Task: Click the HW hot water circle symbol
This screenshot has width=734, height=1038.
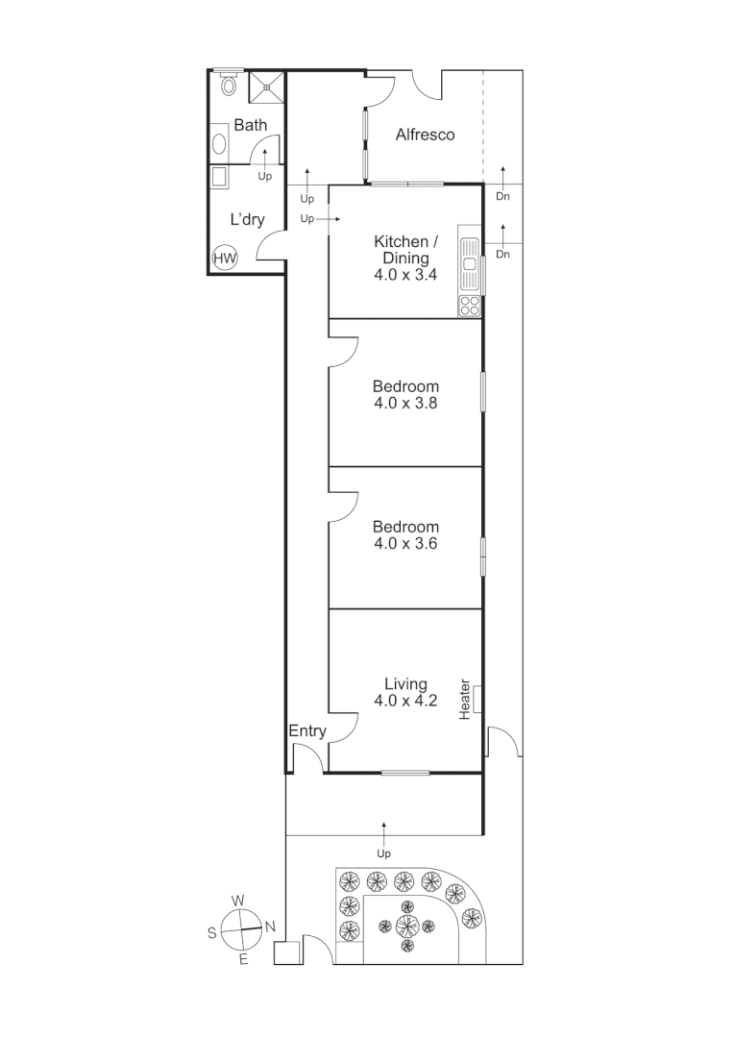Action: [x=225, y=258]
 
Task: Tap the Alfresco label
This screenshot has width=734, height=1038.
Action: [x=425, y=136]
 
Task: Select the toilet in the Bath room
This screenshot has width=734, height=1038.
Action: [x=229, y=85]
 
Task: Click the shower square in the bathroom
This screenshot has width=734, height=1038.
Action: [x=267, y=86]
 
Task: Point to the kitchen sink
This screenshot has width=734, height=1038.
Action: [x=470, y=265]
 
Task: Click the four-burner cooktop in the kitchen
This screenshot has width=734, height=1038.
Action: [x=470, y=306]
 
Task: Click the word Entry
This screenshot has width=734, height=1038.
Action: [x=307, y=731]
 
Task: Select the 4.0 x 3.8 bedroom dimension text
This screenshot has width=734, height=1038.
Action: [x=405, y=404]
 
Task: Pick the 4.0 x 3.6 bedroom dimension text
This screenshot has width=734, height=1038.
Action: [x=405, y=543]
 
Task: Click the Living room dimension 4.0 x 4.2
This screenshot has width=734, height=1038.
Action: [x=405, y=701]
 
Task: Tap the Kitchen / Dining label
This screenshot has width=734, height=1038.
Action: [x=405, y=249]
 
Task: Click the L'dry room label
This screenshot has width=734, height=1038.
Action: [x=247, y=219]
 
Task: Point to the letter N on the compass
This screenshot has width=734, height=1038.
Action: [x=270, y=927]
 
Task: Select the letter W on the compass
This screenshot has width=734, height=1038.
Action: [x=237, y=901]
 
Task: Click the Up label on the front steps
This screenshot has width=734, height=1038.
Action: [x=384, y=853]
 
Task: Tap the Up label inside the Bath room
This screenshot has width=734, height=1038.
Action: [x=264, y=176]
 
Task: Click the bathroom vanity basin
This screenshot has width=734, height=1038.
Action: [x=220, y=144]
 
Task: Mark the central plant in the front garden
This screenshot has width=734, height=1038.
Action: [x=407, y=926]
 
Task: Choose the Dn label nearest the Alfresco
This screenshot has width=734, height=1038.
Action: [x=502, y=196]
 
